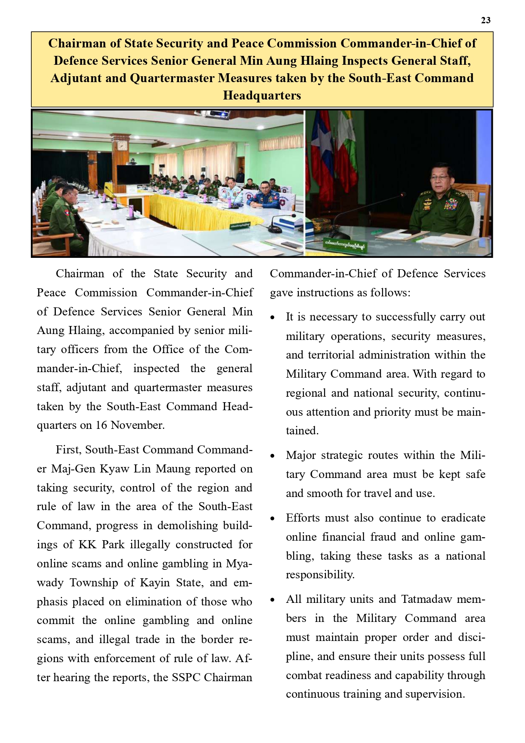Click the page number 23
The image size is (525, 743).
486,20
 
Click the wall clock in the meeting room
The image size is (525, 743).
122,146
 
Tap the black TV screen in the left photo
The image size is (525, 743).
133,175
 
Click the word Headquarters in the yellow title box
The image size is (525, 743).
262,95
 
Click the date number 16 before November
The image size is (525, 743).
101,425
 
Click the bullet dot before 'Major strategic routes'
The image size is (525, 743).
273,456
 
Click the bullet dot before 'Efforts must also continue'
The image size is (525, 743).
273,519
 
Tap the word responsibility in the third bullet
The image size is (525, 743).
319,575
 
